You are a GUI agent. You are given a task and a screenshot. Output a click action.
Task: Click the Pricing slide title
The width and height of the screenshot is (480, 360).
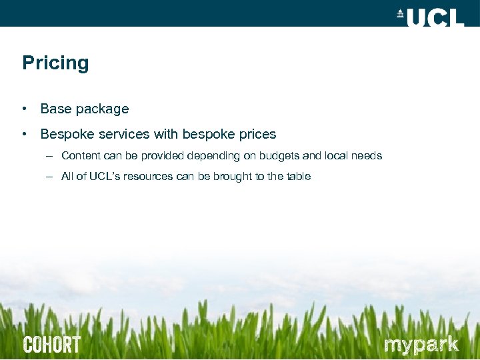click(x=55, y=63)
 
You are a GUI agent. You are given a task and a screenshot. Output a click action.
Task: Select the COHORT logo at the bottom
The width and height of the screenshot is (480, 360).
click(x=52, y=345)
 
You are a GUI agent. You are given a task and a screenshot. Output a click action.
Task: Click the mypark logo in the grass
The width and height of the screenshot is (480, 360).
click(x=421, y=345)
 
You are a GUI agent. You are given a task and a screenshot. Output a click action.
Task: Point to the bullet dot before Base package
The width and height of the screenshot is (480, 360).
click(x=24, y=109)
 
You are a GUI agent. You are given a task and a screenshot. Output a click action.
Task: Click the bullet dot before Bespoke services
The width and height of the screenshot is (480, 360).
click(x=24, y=134)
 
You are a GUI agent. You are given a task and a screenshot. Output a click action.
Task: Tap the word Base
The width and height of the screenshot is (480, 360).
click(x=55, y=109)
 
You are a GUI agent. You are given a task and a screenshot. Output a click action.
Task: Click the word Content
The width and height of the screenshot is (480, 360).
click(x=81, y=155)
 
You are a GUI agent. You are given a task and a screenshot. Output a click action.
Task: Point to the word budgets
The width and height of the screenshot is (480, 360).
click(x=278, y=155)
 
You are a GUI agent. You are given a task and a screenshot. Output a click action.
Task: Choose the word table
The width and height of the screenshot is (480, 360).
click(x=297, y=177)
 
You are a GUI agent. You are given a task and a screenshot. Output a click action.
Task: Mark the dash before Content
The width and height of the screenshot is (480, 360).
click(x=49, y=156)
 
